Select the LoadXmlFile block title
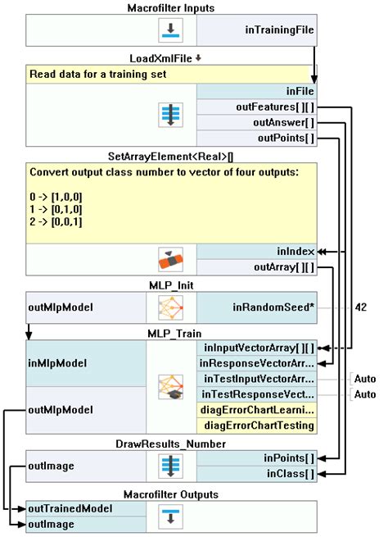[167, 59]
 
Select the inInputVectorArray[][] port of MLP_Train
[256, 348]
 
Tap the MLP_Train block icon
[171, 386]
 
